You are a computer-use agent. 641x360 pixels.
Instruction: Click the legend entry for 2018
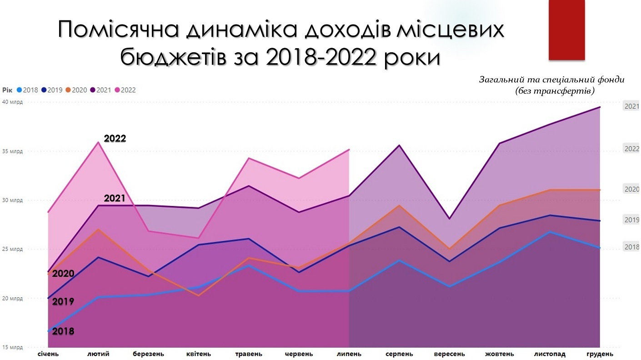28,90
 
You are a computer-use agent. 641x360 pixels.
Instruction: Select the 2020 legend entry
76,90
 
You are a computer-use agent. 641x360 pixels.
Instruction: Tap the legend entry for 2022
125,90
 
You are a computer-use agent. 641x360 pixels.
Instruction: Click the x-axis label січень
48,354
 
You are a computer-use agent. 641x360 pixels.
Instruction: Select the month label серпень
399,354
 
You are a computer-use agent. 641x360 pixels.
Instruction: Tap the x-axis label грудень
600,354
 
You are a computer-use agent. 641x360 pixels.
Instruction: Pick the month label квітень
198,354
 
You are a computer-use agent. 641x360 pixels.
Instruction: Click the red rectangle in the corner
566,30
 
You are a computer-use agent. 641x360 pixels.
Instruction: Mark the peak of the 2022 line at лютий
98,142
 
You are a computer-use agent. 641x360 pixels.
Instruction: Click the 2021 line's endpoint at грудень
600,107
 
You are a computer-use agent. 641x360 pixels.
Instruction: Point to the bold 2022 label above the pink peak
115,138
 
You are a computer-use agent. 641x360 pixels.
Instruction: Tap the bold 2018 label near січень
63,331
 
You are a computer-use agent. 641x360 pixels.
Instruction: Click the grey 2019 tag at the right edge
631,220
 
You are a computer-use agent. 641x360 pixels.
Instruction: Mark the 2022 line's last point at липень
349,149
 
